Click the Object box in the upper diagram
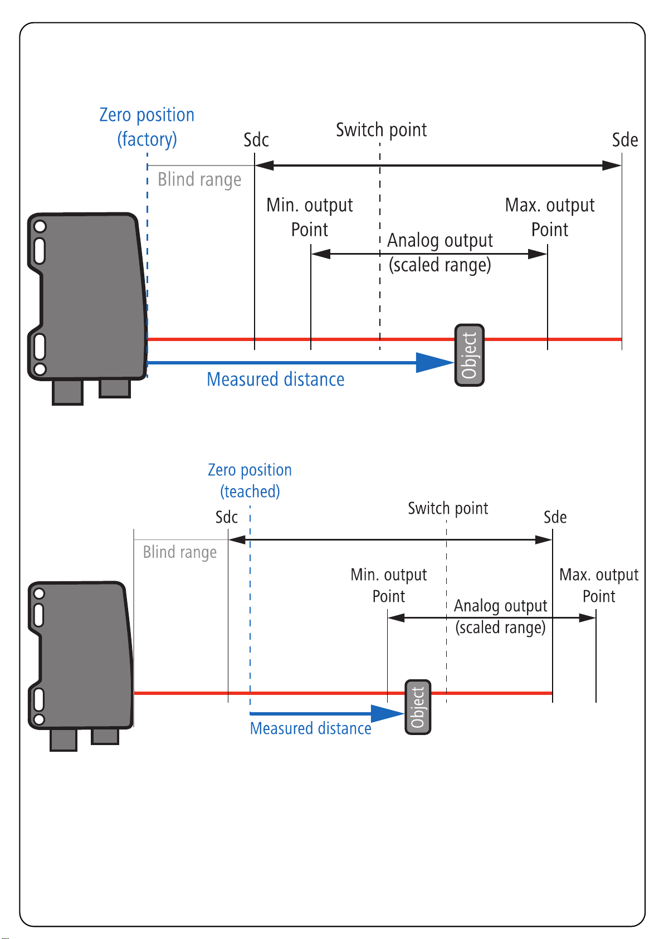click(470, 355)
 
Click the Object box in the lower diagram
click(418, 707)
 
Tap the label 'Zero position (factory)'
click(147, 127)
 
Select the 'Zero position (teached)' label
click(250, 480)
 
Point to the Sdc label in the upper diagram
click(256, 140)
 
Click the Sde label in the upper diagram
click(624, 140)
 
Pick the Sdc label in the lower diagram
click(227, 517)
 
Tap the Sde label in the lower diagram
click(555, 517)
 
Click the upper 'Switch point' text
click(381, 130)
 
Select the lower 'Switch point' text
click(448, 508)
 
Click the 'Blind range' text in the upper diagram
click(199, 179)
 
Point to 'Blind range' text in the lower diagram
click(179, 552)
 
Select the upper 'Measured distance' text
click(275, 380)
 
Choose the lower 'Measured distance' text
click(310, 728)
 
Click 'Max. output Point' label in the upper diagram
click(549, 217)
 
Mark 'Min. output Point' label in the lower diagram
click(388, 585)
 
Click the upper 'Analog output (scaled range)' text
click(440, 252)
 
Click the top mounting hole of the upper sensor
click(40, 226)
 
